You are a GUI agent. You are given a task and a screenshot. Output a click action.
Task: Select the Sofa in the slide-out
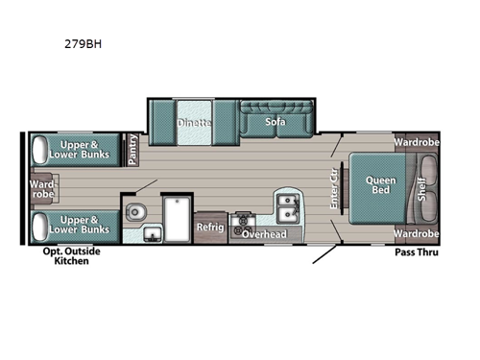tap(276, 123)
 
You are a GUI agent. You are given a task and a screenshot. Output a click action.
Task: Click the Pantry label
tap(132, 148)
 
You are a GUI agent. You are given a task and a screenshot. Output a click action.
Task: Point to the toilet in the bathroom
tap(137, 210)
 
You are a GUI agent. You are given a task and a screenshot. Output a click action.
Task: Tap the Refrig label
tap(210, 228)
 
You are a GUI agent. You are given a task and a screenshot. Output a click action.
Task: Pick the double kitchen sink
tap(287, 205)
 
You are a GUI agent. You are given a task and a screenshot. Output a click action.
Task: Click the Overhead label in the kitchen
tap(263, 233)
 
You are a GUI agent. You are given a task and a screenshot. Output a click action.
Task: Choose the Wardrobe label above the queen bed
tap(416, 143)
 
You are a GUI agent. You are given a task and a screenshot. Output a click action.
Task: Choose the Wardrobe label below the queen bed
tap(416, 233)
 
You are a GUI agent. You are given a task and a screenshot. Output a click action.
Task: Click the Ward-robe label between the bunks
tap(42, 188)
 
